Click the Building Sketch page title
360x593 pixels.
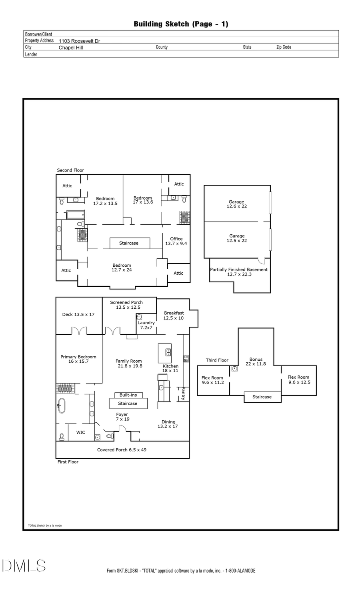[x=181, y=24]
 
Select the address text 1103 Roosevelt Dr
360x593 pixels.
[x=79, y=41]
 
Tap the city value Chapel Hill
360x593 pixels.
[x=71, y=47]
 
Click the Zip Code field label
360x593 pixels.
[x=284, y=47]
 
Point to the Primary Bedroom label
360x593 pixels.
[x=78, y=359]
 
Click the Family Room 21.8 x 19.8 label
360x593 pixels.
[x=129, y=363]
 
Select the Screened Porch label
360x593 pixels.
[x=126, y=305]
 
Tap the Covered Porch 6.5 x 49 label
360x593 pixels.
[x=122, y=450]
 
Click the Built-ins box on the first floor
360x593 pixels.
[x=128, y=395]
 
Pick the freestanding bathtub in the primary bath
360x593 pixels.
[x=61, y=405]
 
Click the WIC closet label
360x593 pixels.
[x=81, y=432]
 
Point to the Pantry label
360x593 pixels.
[x=183, y=393]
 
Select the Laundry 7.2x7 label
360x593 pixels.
[x=146, y=325]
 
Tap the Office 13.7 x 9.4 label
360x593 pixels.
[x=176, y=241]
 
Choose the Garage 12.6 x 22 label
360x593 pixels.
[x=237, y=204]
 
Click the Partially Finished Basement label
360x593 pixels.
[x=239, y=272]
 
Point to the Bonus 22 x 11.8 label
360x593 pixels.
[x=256, y=361]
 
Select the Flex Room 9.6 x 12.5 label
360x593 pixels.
[x=298, y=379]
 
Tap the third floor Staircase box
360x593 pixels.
[x=262, y=397]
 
